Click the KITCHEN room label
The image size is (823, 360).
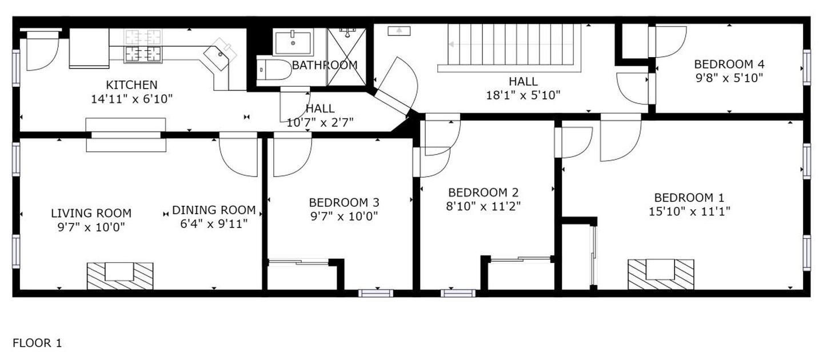point(131,85)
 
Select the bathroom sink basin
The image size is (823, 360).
point(293,42)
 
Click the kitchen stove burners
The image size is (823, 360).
point(143,45)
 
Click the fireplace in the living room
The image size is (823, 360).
point(120,275)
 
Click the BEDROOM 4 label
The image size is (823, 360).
point(729,64)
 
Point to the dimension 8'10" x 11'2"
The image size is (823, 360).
point(483,206)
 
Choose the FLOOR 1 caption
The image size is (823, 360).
point(37,343)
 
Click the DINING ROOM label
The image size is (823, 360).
point(214,210)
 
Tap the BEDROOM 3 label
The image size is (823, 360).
point(343,202)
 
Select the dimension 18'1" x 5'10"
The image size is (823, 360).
point(523,95)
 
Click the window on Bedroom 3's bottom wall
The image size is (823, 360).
point(376,293)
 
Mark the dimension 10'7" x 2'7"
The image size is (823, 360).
point(320,121)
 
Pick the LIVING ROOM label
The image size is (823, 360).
point(91,213)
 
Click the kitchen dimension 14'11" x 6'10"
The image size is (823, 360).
point(131,99)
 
